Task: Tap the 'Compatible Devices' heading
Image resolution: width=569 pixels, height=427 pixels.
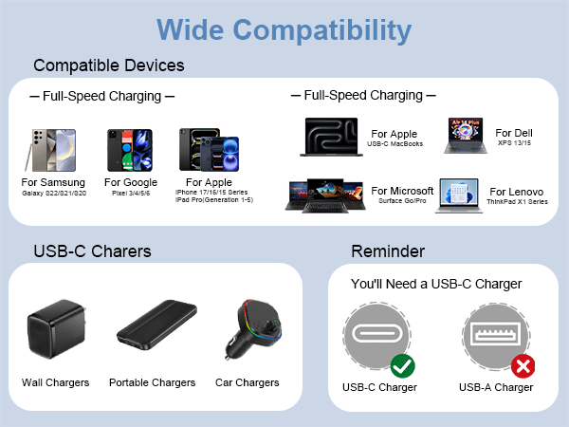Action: click(x=109, y=65)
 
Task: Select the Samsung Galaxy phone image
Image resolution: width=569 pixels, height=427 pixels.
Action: click(x=53, y=150)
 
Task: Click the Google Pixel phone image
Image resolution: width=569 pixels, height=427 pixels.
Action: click(x=129, y=149)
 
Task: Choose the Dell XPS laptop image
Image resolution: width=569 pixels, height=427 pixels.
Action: click(x=465, y=136)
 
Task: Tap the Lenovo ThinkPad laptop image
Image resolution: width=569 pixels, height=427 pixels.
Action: click(x=459, y=195)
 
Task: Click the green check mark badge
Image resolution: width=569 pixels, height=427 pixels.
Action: click(x=402, y=364)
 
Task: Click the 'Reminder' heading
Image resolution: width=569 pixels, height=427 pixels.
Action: click(x=388, y=251)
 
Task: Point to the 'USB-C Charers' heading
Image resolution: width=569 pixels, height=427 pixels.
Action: click(x=92, y=251)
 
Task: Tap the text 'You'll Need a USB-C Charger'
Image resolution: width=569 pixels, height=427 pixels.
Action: click(x=436, y=284)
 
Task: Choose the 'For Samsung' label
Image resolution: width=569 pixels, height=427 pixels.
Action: click(x=53, y=182)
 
